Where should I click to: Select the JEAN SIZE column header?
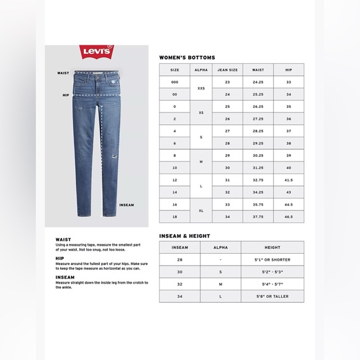click(x=227, y=70)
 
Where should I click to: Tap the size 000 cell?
click(x=174, y=82)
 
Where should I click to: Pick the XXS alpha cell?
click(x=200, y=88)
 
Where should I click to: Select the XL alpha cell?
click(x=200, y=210)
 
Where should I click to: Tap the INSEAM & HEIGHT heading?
click(x=184, y=236)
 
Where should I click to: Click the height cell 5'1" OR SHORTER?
click(x=272, y=259)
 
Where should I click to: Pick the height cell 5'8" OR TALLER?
click(x=272, y=296)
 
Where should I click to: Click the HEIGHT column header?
click(x=272, y=247)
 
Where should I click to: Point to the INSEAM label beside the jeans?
click(x=127, y=204)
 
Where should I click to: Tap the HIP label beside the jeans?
click(x=65, y=96)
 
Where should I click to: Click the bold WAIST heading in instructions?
click(x=63, y=239)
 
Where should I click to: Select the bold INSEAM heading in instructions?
click(x=65, y=277)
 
